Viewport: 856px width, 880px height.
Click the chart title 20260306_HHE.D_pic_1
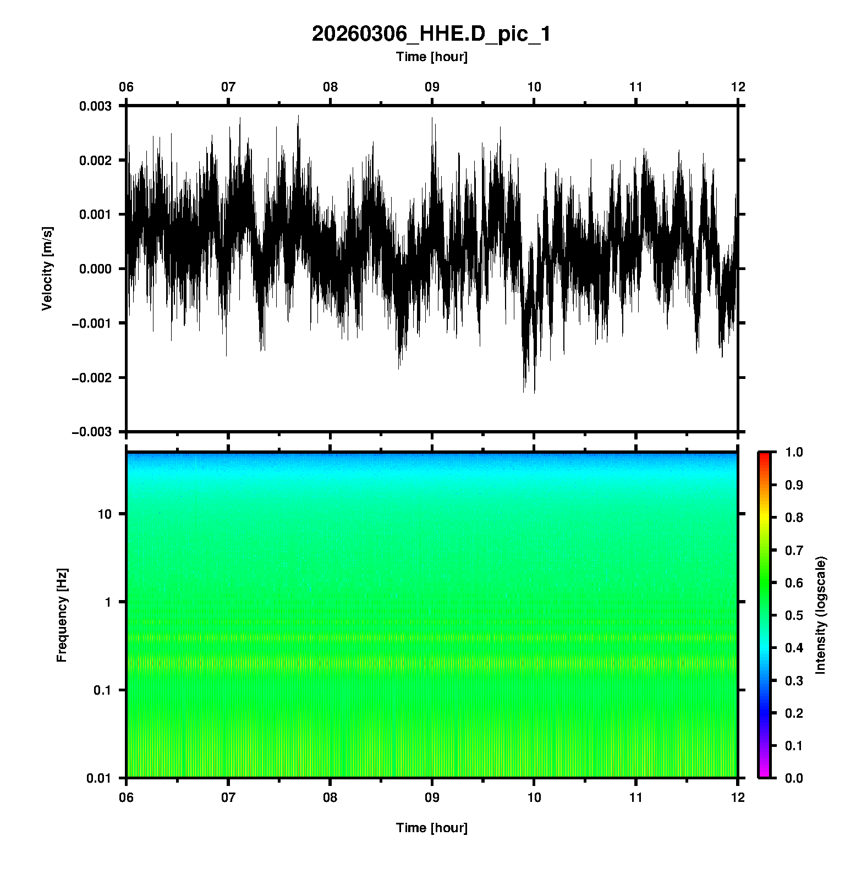tap(431, 34)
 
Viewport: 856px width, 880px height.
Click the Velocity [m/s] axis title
tap(47, 268)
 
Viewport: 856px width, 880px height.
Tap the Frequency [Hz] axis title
tap(62, 615)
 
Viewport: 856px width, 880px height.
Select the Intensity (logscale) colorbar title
tap(821, 615)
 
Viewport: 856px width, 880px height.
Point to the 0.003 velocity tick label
tap(95, 106)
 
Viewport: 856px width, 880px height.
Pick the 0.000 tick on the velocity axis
tap(95, 269)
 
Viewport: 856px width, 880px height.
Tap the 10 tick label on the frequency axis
tap(105, 514)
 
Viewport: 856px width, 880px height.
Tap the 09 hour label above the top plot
tap(432, 87)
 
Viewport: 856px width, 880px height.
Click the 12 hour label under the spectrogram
tap(738, 797)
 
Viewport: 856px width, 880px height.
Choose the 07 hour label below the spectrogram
tap(228, 797)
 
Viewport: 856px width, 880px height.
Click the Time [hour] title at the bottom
tap(431, 828)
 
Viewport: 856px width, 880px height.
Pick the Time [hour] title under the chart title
tap(431, 57)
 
